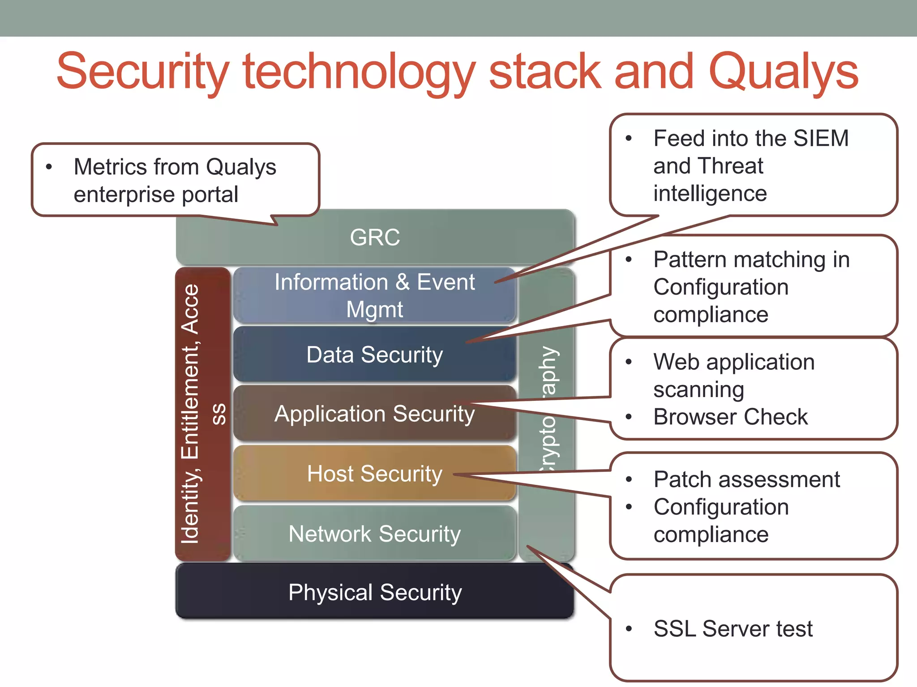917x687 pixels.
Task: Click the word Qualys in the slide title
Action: point(784,72)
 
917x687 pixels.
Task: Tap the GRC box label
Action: point(375,237)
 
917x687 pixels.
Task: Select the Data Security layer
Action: point(375,355)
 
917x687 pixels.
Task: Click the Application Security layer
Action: point(375,414)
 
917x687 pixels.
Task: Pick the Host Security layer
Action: point(375,474)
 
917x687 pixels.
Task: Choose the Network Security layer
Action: point(375,534)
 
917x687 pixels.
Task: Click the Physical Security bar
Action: point(375,592)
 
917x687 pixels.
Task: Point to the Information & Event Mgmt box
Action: point(375,295)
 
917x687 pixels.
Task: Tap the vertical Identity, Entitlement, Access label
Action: point(191,414)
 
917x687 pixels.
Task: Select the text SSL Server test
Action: point(733,628)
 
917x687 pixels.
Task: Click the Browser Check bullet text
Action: point(730,417)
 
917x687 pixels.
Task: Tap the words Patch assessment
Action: point(746,479)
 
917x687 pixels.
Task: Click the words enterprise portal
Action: point(156,195)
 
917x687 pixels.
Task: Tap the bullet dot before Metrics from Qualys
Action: point(49,167)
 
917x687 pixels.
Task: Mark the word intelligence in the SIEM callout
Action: point(710,193)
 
